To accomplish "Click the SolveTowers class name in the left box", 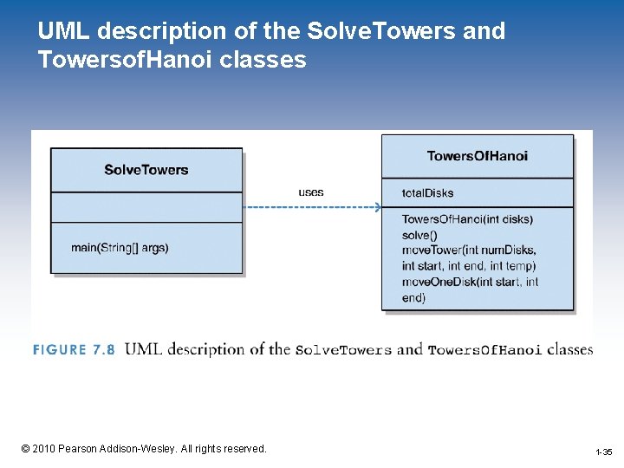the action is pyautogui.click(x=146, y=170).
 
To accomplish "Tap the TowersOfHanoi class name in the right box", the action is pyautogui.click(x=477, y=156).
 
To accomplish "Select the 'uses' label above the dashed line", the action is pyautogui.click(x=311, y=192).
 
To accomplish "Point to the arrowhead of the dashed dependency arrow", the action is pyautogui.click(x=377, y=207).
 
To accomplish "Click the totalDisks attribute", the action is pyautogui.click(x=427, y=192).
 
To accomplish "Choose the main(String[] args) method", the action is pyautogui.click(x=120, y=248).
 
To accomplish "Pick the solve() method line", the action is pyautogui.click(x=419, y=235).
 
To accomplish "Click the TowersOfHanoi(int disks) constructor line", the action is pyautogui.click(x=467, y=219).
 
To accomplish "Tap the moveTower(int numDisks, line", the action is pyautogui.click(x=468, y=250).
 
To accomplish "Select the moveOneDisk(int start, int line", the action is pyautogui.click(x=470, y=282).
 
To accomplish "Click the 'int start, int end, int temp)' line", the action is pyautogui.click(x=469, y=266).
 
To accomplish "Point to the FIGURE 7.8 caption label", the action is pyautogui.click(x=74, y=350).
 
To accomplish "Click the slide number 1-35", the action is pyautogui.click(x=604, y=452).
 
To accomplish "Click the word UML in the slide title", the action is pyautogui.click(x=63, y=32).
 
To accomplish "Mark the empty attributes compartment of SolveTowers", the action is pyautogui.click(x=146, y=207).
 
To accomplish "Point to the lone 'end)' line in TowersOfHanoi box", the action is pyautogui.click(x=413, y=297).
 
